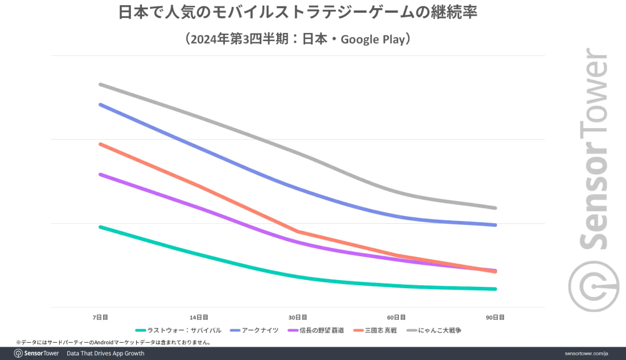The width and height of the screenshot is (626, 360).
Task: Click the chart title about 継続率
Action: [x=298, y=13]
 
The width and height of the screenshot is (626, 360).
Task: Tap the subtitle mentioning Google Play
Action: [x=298, y=39]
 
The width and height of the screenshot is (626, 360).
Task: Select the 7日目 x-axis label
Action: [x=100, y=317]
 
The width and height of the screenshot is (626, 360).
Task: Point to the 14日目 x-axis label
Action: [x=199, y=317]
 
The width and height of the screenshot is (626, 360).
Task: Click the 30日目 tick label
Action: [x=298, y=317]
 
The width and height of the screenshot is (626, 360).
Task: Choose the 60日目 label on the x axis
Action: [x=396, y=317]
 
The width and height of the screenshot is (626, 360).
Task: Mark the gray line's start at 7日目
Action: [x=100, y=84]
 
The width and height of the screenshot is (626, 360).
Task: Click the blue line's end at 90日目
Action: [x=496, y=225]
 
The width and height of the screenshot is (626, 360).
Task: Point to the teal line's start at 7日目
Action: [x=100, y=227]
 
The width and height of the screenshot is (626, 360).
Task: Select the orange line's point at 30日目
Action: [x=298, y=231]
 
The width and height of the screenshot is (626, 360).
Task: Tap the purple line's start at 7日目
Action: [x=100, y=174]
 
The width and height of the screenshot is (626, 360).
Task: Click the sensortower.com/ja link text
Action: [x=587, y=354]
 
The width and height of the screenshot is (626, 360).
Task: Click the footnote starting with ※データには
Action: [x=113, y=343]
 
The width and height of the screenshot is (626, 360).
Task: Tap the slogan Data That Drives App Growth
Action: [x=105, y=354]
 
